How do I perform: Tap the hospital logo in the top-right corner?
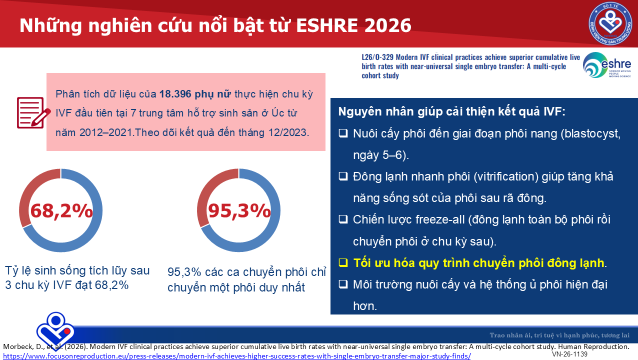pyautogui.click(x=610, y=23)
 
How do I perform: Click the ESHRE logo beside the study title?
pyautogui.click(x=607, y=65)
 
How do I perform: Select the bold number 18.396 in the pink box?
pyautogui.click(x=175, y=94)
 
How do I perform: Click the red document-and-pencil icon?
pyautogui.click(x=33, y=113)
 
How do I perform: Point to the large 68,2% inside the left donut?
pyautogui.click(x=61, y=211)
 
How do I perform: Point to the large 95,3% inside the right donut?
pyautogui.click(x=239, y=211)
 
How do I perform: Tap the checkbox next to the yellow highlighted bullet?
pyautogui.click(x=343, y=262)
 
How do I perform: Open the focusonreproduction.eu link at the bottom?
pyautogui.click(x=237, y=356)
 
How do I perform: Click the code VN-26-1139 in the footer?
pyautogui.click(x=569, y=354)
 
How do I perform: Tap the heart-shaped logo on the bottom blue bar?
pyautogui.click(x=55, y=331)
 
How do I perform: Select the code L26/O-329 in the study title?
pyautogui.click(x=377, y=57)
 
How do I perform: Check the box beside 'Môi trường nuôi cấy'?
pyautogui.click(x=343, y=284)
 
